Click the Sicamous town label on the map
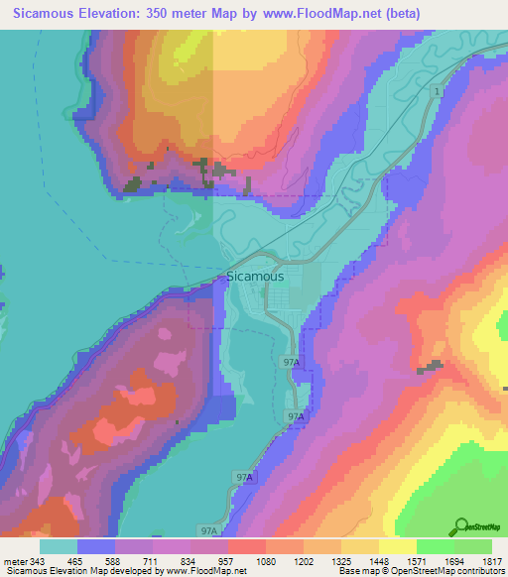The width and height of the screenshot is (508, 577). click(x=255, y=277)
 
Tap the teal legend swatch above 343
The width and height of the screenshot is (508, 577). click(x=59, y=546)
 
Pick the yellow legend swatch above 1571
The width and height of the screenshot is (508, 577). click(x=398, y=546)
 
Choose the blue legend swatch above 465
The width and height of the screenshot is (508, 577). click(x=96, y=546)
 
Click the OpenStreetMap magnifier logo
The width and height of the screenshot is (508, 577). click(x=460, y=526)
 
